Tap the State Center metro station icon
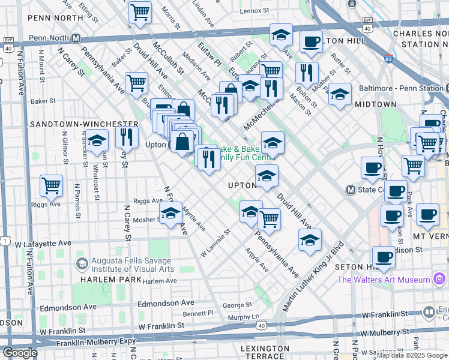(x=351, y=190)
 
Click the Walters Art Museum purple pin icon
(x=439, y=279)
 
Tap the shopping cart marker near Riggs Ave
(x=51, y=185)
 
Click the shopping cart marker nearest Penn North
(x=139, y=12)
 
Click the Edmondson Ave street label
(x=68, y=307)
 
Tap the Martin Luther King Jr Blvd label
(x=312, y=277)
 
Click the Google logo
(x=20, y=353)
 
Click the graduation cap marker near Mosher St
(x=170, y=212)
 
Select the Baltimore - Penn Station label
(x=398, y=88)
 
